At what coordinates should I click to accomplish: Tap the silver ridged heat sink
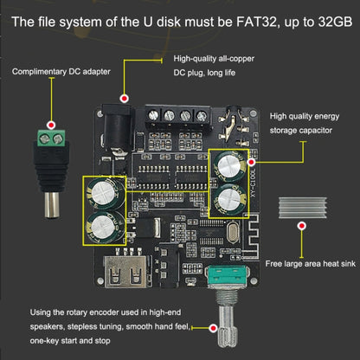(x=302, y=206)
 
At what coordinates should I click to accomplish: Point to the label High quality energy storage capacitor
(x=312, y=125)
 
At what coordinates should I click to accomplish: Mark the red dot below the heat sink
(x=302, y=226)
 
